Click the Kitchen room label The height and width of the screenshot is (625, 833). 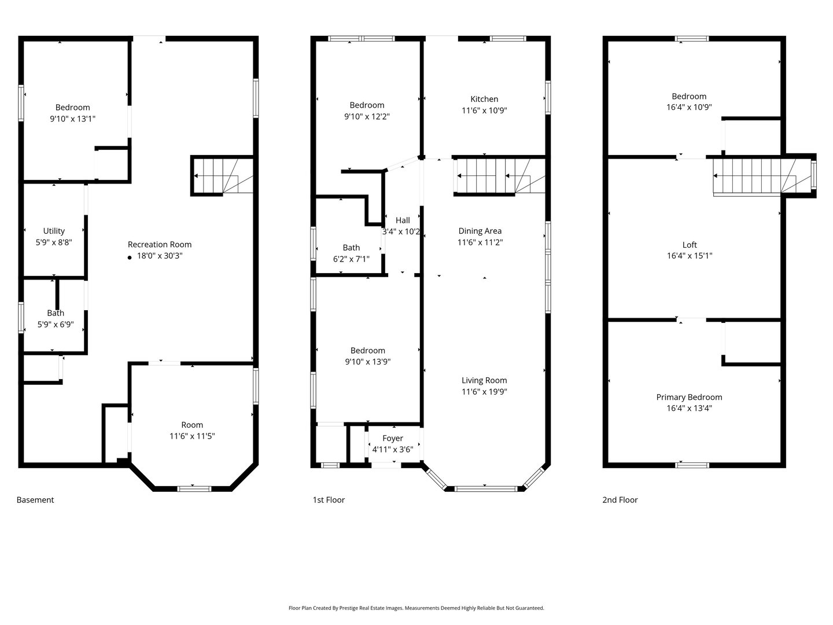484,99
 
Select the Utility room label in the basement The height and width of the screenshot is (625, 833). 54,231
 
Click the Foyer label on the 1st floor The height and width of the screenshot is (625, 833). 393,438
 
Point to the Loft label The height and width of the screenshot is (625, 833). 689,245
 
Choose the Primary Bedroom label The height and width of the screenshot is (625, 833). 689,397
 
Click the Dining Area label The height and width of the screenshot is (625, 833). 480,231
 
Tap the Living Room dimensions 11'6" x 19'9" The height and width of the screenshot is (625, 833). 484,391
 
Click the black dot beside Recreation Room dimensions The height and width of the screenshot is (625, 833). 130,257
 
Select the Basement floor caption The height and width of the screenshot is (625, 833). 35,500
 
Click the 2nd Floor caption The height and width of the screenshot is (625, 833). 620,500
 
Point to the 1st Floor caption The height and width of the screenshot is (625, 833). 329,500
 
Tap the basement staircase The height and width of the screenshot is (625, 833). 223,176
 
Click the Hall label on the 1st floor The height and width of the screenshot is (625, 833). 403,220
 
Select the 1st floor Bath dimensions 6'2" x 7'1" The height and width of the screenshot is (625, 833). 351,259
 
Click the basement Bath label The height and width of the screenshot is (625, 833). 56,313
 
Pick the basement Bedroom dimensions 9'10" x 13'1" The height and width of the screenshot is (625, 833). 72,119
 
